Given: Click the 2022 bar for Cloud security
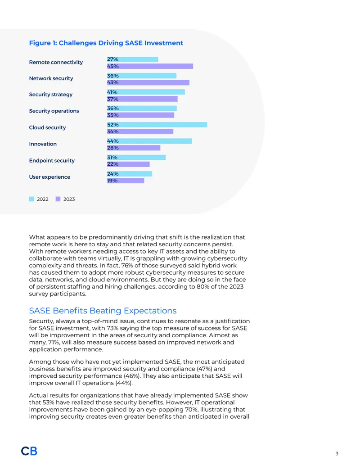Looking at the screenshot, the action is click(x=157, y=125).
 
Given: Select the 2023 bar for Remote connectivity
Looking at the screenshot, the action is click(x=150, y=66).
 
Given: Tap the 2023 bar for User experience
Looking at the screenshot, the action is click(x=126, y=181).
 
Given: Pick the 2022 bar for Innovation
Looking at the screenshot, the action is click(x=149, y=141).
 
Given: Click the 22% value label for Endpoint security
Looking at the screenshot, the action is click(x=113, y=164).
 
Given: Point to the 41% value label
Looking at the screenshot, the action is click(x=112, y=92).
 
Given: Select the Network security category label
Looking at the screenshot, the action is click(x=51, y=78).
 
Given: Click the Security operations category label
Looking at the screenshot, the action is click(x=54, y=111).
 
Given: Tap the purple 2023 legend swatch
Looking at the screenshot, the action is click(x=58, y=199).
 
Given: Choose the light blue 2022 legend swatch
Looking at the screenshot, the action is click(x=31, y=199).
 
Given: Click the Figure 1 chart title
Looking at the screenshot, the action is click(x=106, y=43).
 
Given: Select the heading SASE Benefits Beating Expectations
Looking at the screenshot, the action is click(x=103, y=311).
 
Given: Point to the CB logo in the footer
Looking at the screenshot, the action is click(x=29, y=451).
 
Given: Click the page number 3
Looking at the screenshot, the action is click(x=337, y=453).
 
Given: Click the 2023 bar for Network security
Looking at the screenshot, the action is click(x=148, y=82).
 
